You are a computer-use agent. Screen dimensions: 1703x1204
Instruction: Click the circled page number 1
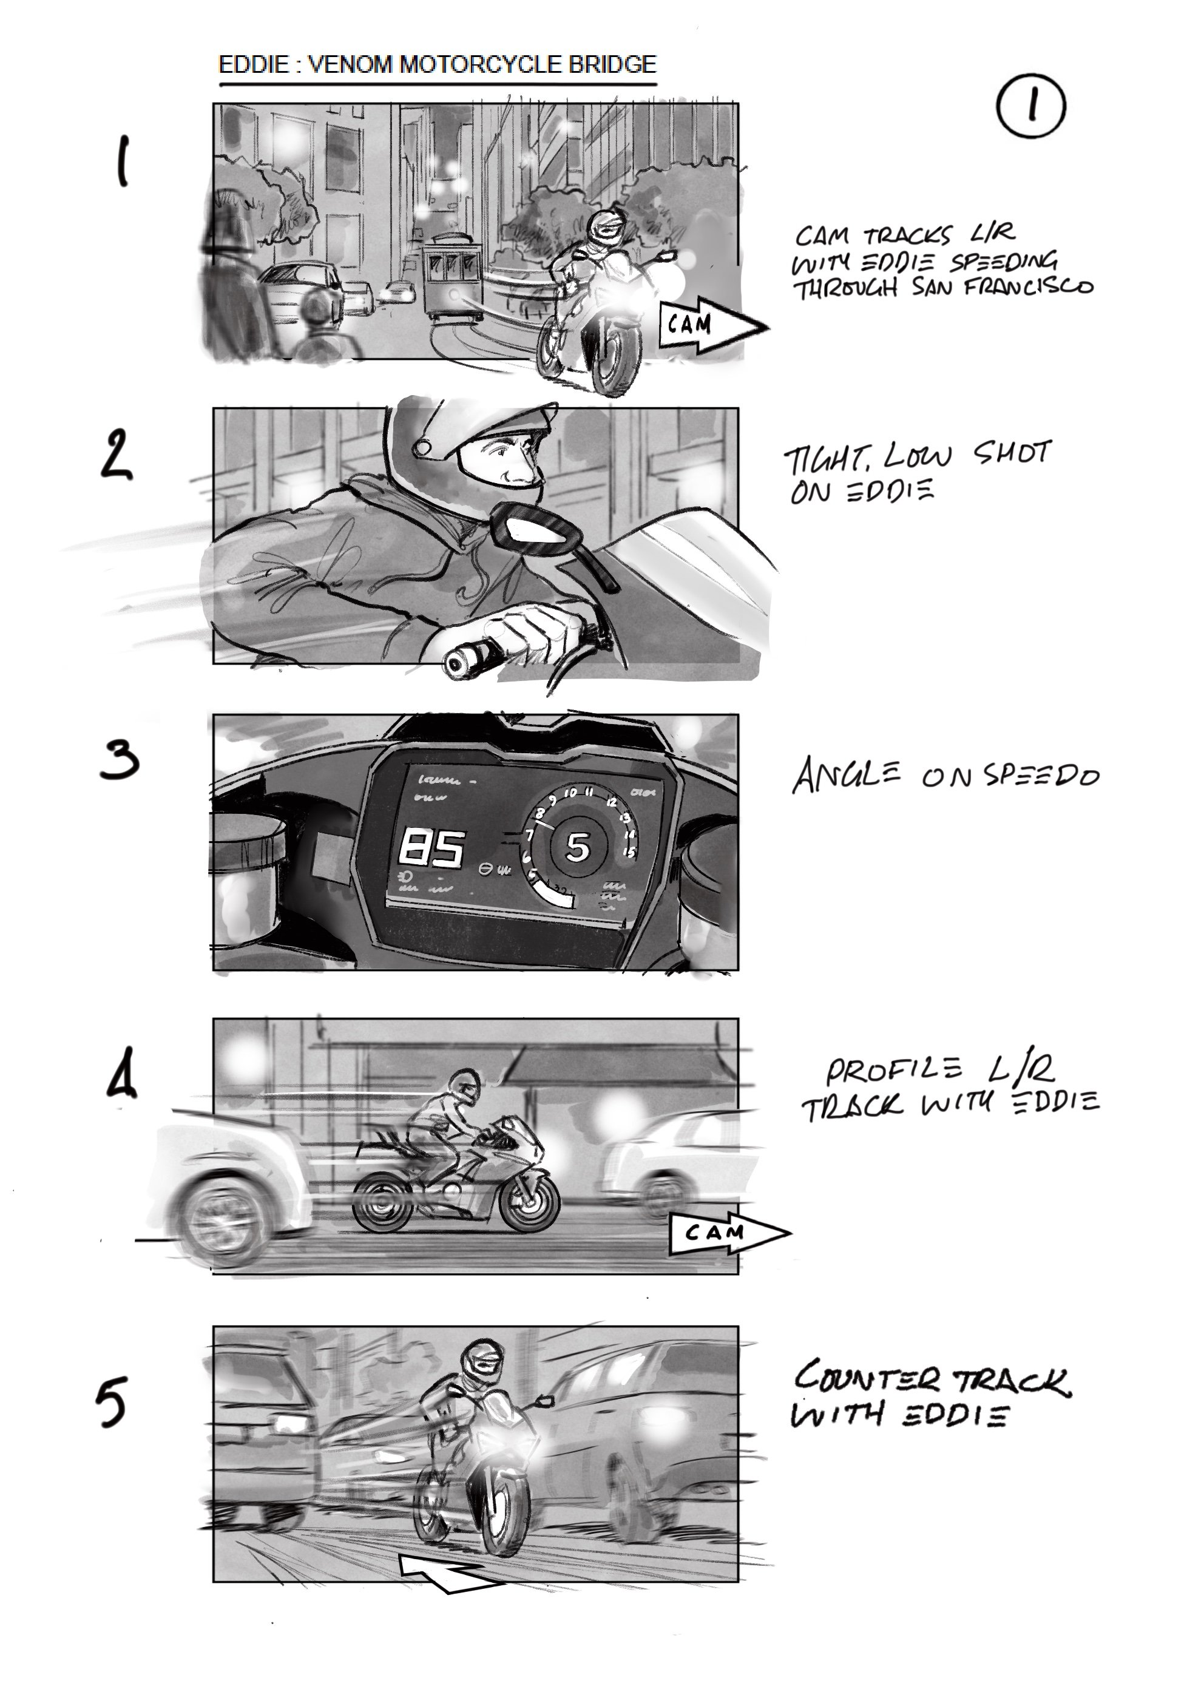click(x=1030, y=108)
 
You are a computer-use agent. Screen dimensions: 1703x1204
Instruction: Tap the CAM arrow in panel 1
click(x=708, y=325)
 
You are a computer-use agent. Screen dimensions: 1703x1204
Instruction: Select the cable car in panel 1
click(x=450, y=274)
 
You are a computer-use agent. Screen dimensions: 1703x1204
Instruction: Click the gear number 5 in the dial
click(x=578, y=847)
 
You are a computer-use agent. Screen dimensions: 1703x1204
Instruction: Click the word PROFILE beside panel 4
click(x=894, y=1071)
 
